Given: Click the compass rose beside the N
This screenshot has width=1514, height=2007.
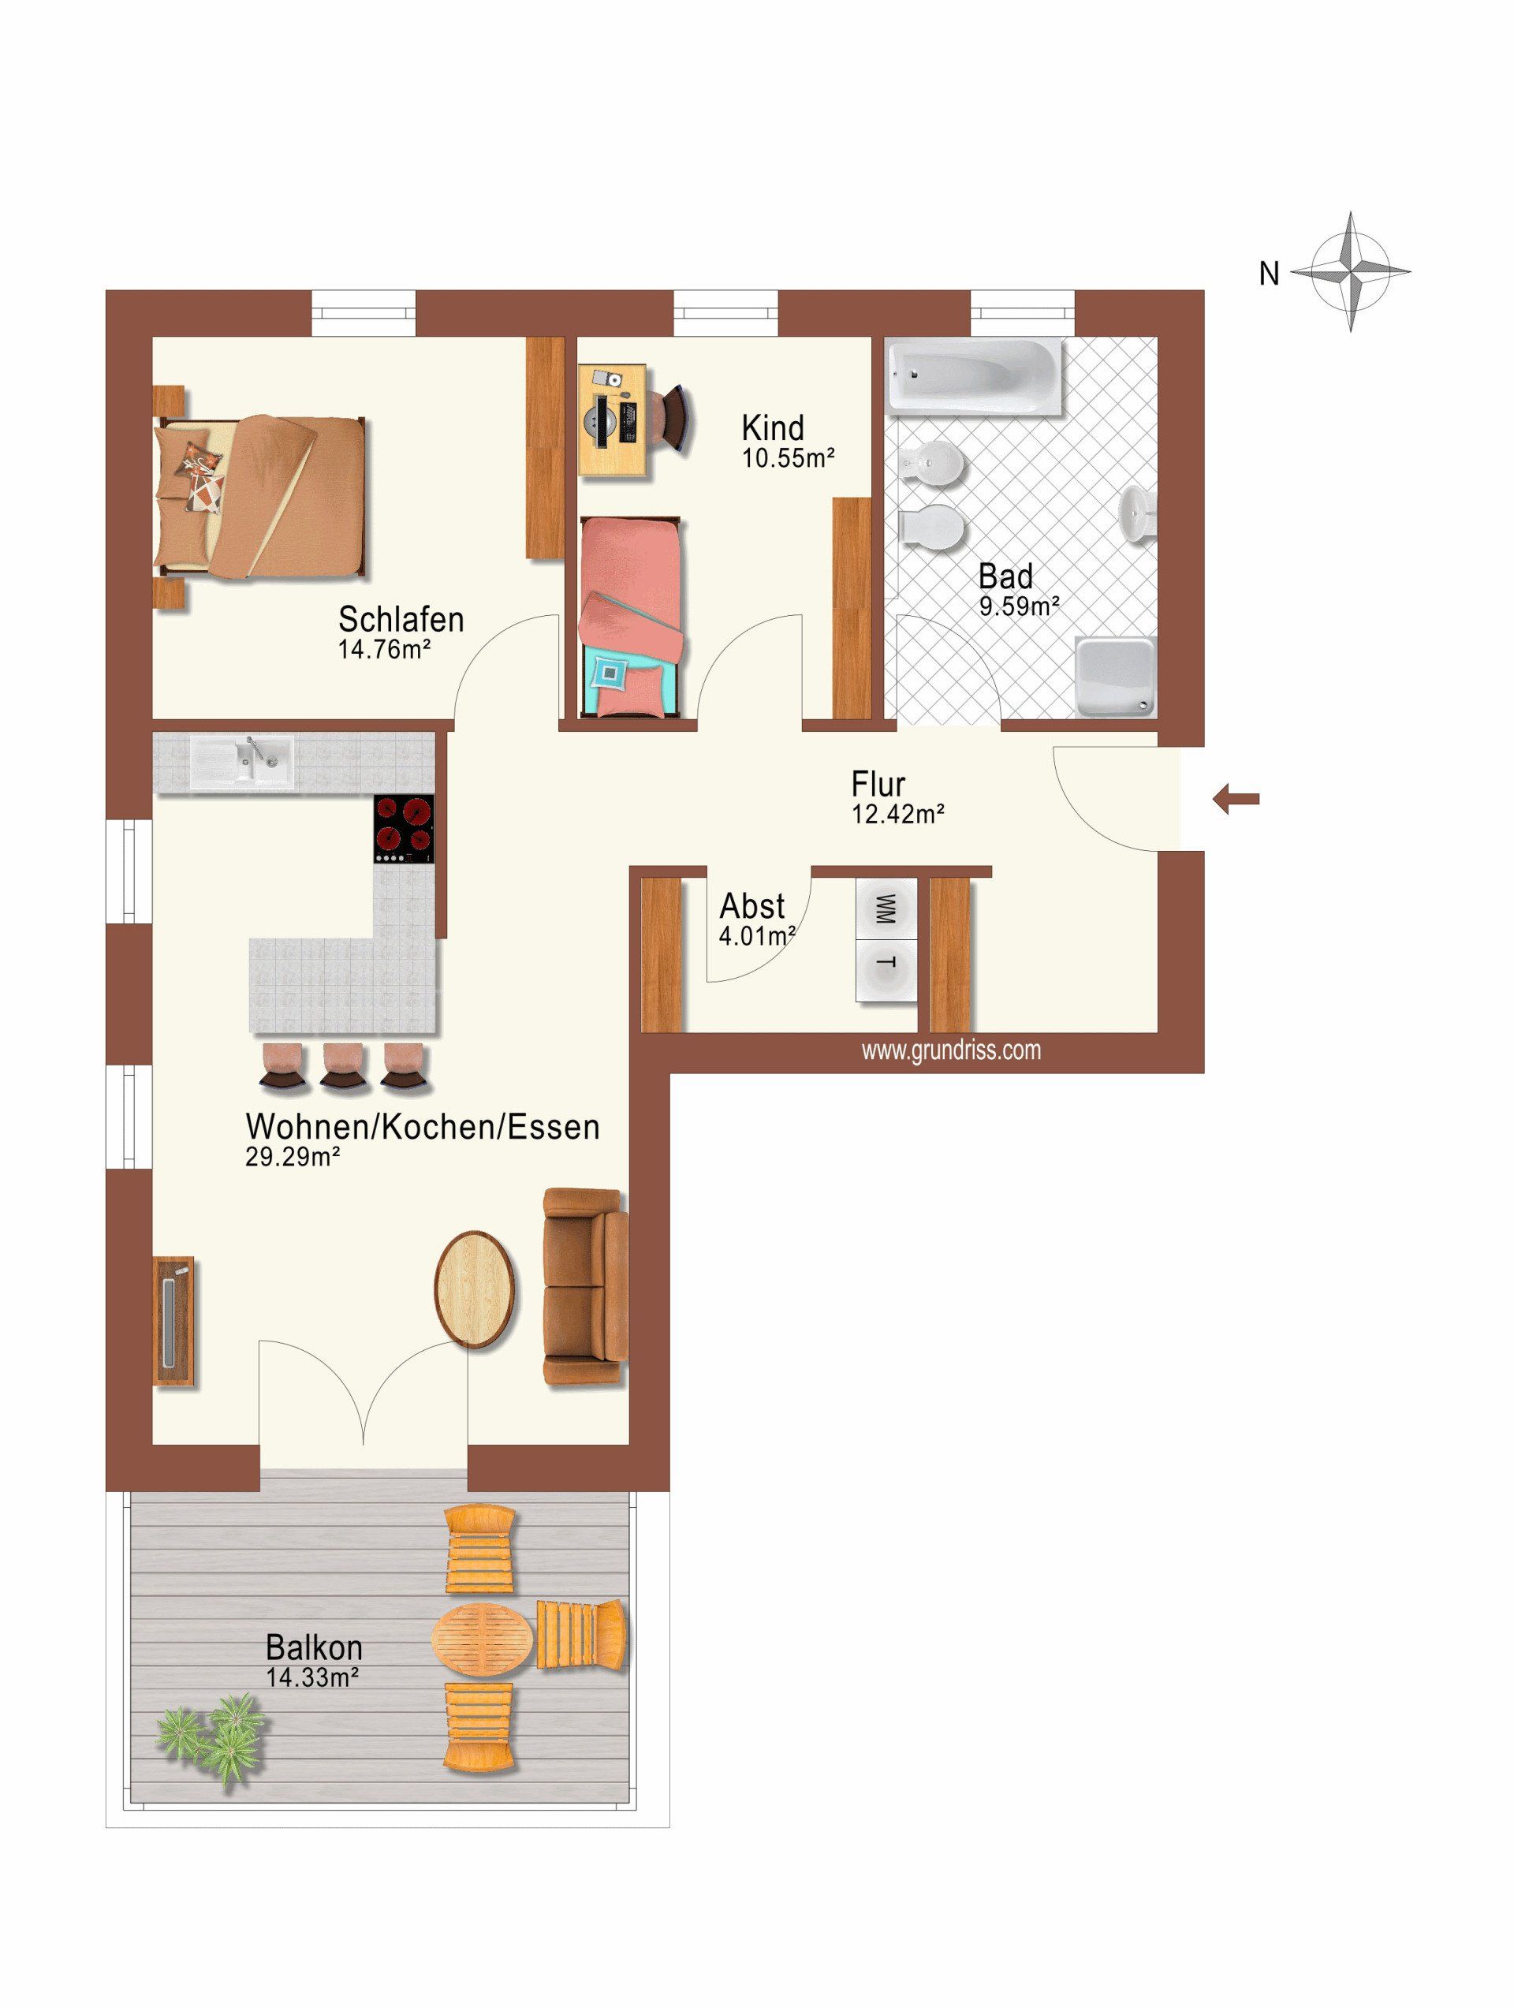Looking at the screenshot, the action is (1351, 271).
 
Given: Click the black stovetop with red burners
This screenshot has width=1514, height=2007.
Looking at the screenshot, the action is (405, 830).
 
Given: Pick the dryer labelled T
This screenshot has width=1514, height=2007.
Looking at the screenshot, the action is (886, 971).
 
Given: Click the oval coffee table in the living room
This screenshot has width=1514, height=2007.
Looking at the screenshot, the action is (475, 1289).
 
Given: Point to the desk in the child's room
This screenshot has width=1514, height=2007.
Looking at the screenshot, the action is (613, 420).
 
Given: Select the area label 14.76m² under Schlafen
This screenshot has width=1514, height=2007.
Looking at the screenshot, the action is (384, 650).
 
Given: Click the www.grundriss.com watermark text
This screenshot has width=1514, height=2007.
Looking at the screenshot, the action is (951, 1050).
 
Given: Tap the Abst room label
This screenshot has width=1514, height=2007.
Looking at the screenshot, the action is (752, 905).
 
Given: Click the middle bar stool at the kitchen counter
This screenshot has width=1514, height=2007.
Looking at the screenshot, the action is (345, 1066).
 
